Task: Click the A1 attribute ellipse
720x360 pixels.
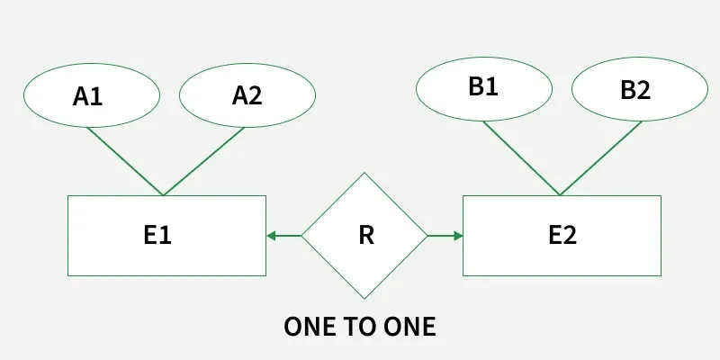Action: coord(90,94)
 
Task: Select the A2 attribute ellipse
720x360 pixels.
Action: coord(247,94)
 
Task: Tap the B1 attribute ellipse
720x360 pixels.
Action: coord(483,87)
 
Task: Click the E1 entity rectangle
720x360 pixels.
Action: coord(166,236)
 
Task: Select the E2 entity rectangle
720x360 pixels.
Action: coord(562,236)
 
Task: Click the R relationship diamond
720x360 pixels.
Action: coord(364,236)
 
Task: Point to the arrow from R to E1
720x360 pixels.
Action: coord(283,236)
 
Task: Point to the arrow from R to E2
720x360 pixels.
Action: coord(445,236)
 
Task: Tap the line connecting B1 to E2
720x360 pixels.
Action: coord(522,158)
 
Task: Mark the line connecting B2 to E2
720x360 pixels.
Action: coord(600,158)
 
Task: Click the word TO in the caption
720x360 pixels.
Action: coord(359,327)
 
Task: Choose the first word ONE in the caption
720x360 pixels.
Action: coord(310,327)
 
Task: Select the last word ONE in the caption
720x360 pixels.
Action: coord(409,327)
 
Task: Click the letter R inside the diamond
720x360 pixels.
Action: coord(365,236)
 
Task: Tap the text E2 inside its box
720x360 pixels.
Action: coord(562,236)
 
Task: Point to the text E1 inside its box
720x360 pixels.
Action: coord(157,236)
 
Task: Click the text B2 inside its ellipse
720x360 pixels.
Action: coord(634,90)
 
